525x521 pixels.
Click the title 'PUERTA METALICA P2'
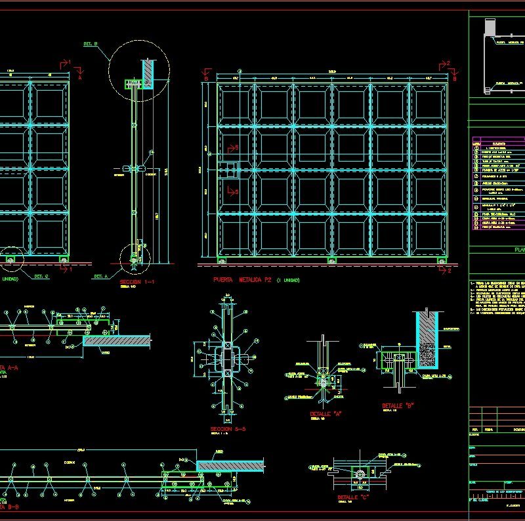(243, 280)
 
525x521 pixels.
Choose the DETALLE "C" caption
(352, 497)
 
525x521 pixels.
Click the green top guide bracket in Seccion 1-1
(134, 83)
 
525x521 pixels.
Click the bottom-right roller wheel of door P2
(438, 263)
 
